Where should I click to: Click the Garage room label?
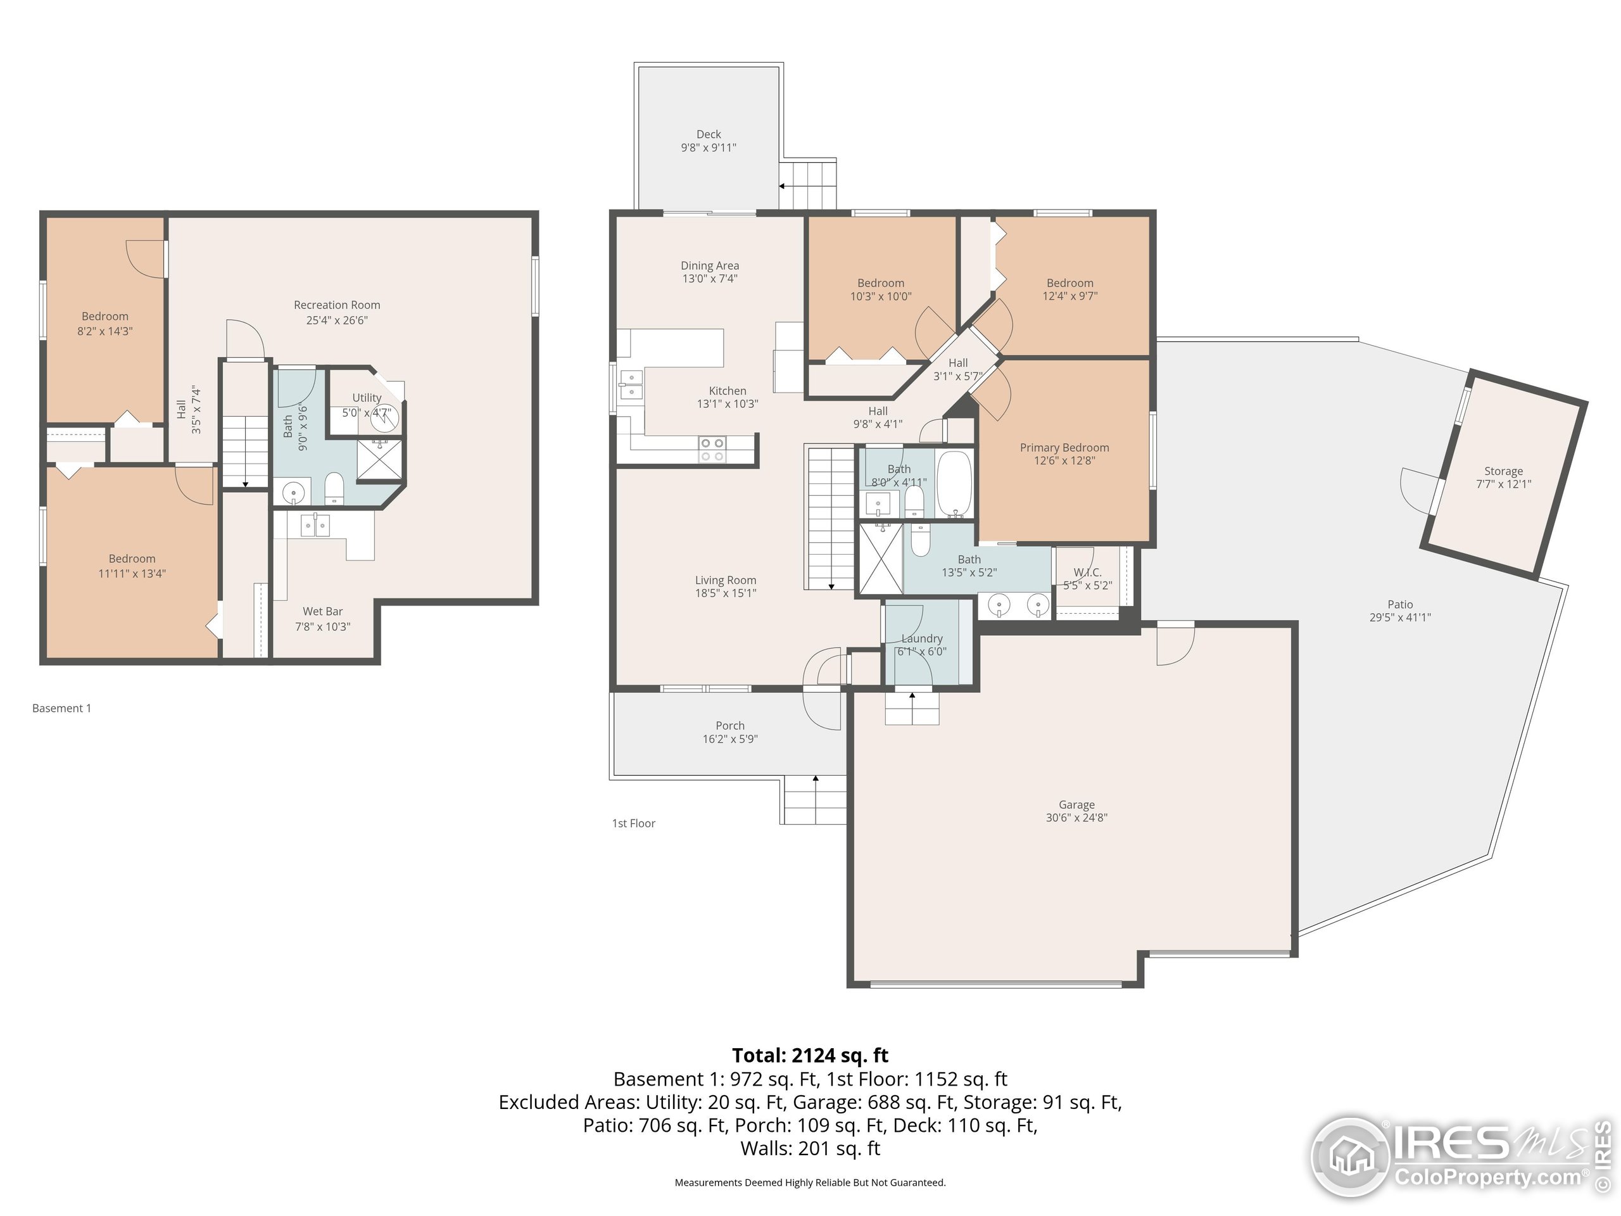[1076, 804]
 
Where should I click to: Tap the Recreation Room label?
[337, 305]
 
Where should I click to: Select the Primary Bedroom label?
[1064, 447]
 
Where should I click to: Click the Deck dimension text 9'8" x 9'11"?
[709, 148]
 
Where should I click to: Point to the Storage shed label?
[1504, 471]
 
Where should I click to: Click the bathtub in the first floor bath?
[954, 484]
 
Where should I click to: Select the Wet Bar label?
[322, 611]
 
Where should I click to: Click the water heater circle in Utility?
[383, 419]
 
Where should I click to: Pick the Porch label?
[730, 726]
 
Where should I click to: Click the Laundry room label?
[922, 638]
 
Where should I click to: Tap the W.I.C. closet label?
[1087, 573]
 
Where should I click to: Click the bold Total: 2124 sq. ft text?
[810, 1056]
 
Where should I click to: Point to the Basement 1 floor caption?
[61, 708]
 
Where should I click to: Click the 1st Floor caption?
[634, 823]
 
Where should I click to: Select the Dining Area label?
[709, 265]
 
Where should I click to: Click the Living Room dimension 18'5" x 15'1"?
[726, 593]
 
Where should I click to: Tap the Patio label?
[1399, 605]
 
